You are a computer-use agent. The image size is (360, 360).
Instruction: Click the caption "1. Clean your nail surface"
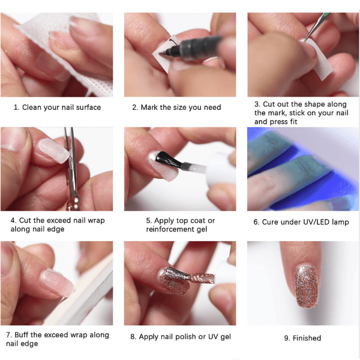click(x=57, y=107)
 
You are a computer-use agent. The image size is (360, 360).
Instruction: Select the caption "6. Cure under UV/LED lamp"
click(x=301, y=222)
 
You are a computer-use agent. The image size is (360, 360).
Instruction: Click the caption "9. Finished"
click(x=302, y=338)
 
